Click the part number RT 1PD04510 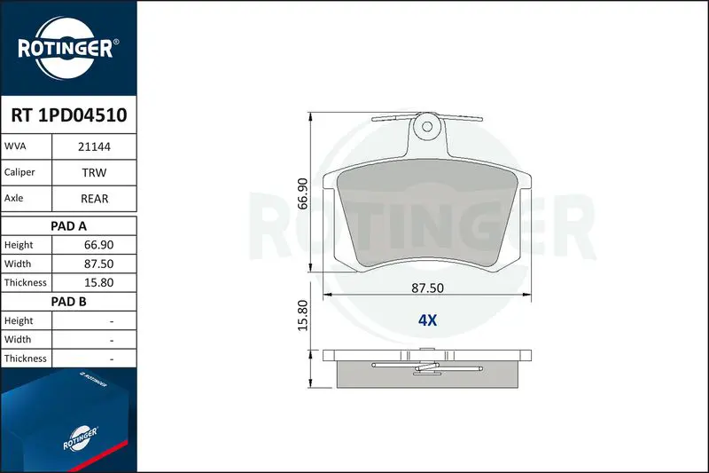pyautogui.click(x=69, y=115)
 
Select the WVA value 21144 pyautogui.click(x=94, y=146)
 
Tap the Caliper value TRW pyautogui.click(x=94, y=172)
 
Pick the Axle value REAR pyautogui.click(x=94, y=199)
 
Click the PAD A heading pyautogui.click(x=68, y=226)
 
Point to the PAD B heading pyautogui.click(x=68, y=302)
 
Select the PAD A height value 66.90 pyautogui.click(x=98, y=245)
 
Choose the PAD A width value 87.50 pyautogui.click(x=98, y=264)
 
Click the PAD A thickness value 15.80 pyautogui.click(x=98, y=282)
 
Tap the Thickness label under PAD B pyautogui.click(x=26, y=359)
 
